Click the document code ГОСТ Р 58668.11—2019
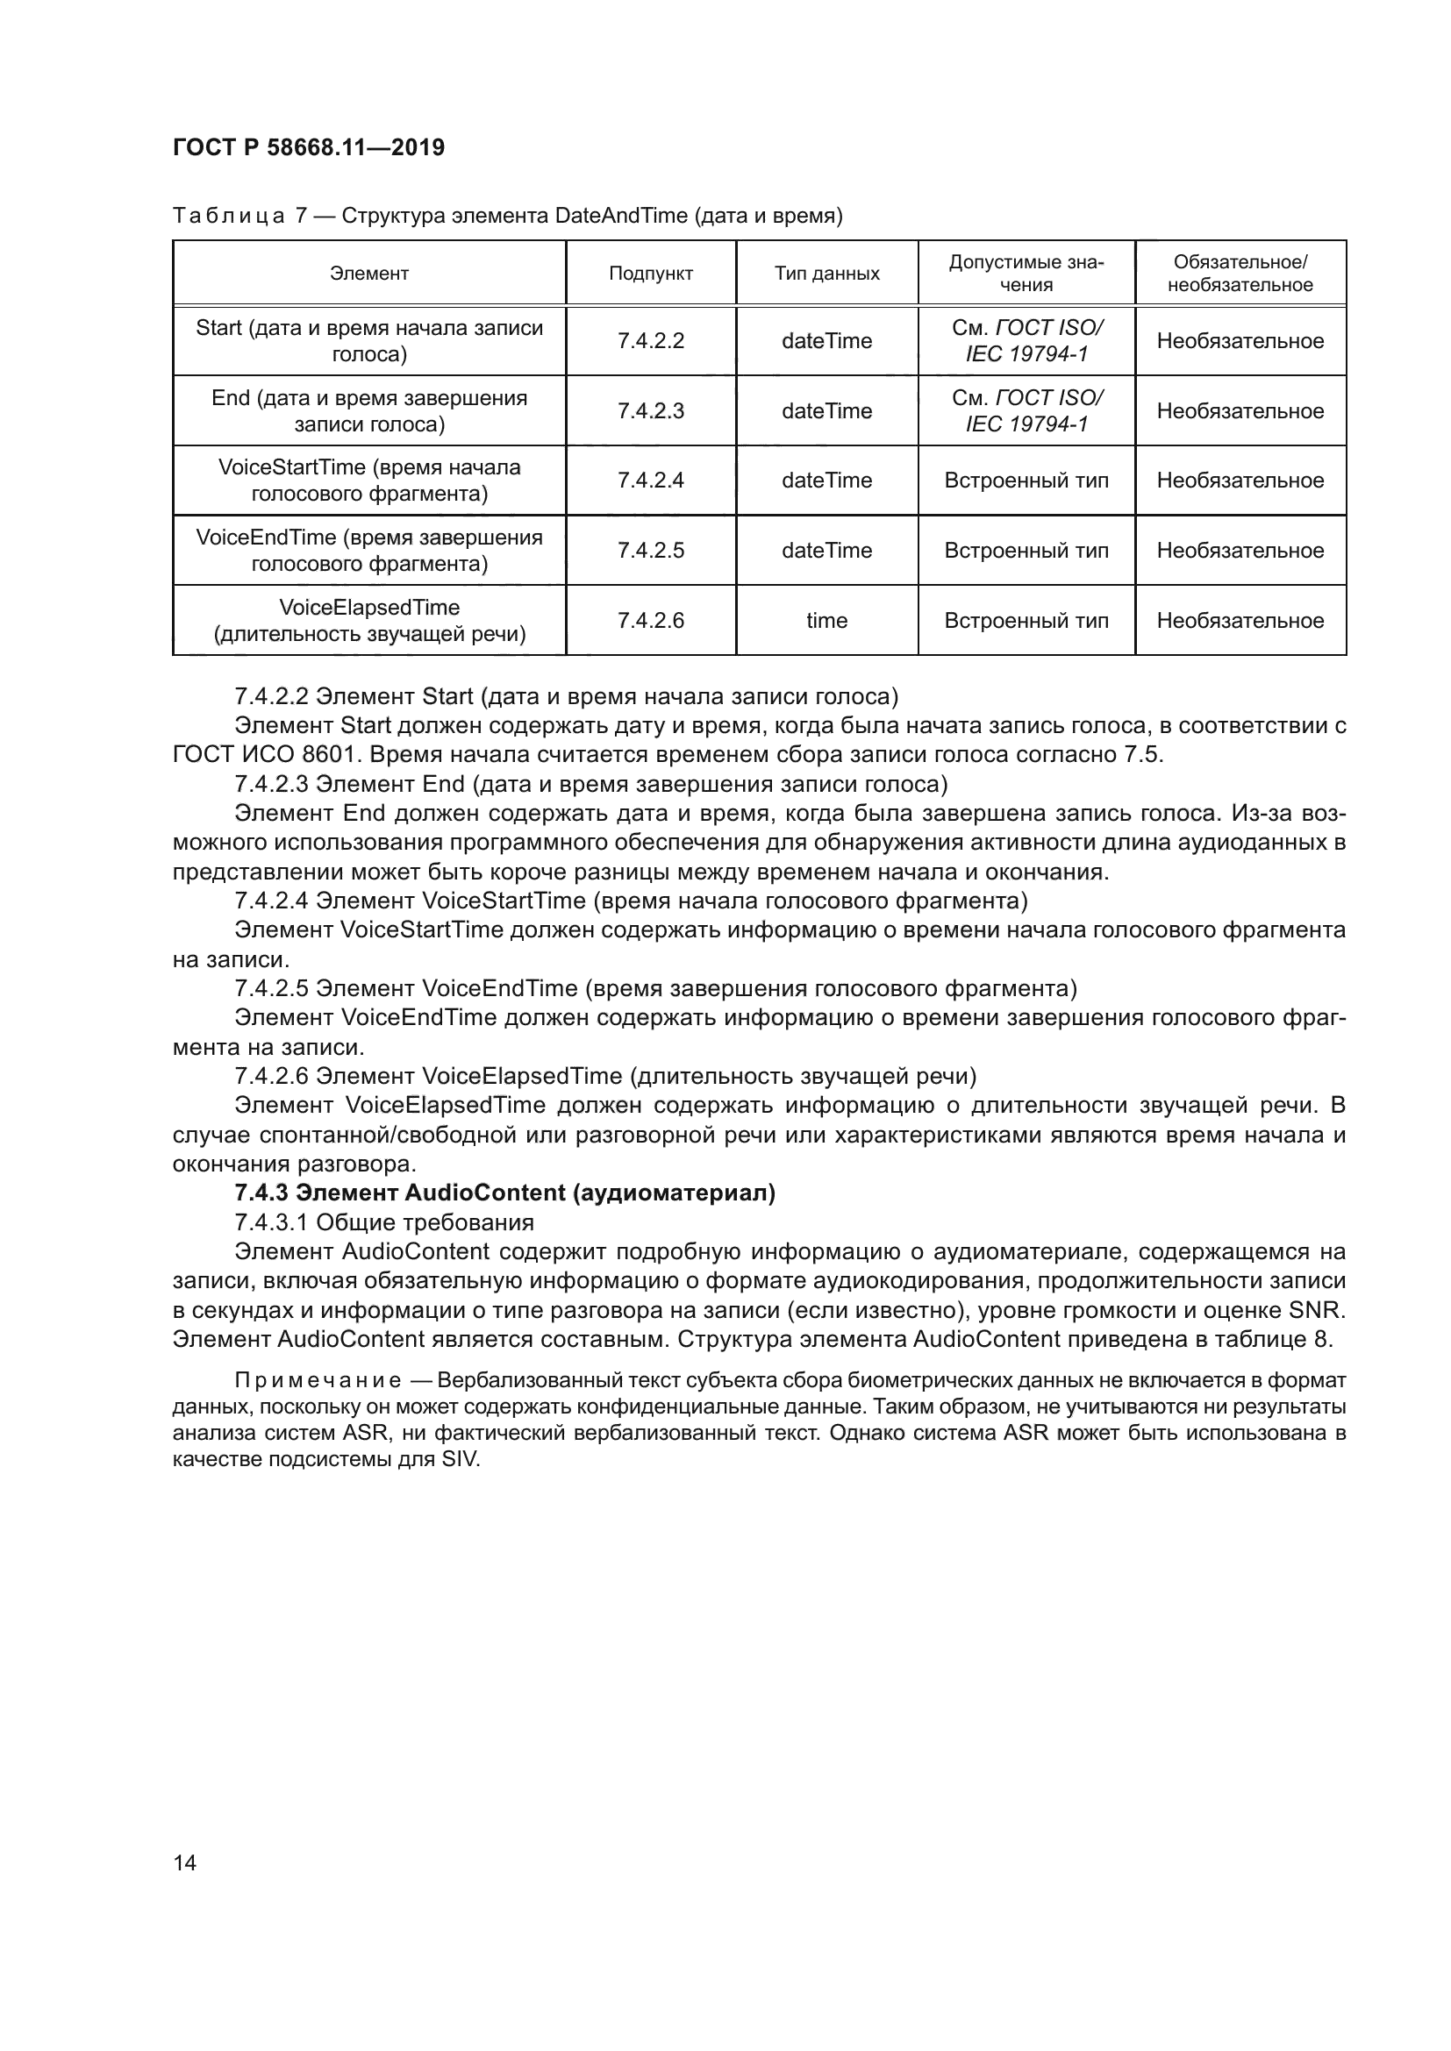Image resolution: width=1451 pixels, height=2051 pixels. [x=308, y=148]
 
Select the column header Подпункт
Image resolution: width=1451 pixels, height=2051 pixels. [x=650, y=274]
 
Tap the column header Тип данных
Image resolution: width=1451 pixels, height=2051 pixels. [x=826, y=274]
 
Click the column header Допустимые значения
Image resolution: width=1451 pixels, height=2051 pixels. [x=1026, y=274]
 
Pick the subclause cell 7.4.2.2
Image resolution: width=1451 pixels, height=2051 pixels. [x=650, y=341]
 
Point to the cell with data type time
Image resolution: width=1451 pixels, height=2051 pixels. [x=826, y=621]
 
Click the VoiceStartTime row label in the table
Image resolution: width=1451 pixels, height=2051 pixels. [x=369, y=481]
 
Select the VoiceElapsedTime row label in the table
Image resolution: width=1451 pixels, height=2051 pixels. [x=369, y=621]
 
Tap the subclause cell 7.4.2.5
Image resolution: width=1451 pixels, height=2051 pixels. [x=650, y=552]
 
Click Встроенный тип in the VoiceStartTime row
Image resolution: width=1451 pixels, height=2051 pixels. [x=1026, y=481]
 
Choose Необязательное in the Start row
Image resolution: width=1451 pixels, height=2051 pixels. [x=1240, y=341]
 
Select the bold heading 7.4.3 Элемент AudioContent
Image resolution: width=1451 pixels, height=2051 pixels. [x=504, y=1193]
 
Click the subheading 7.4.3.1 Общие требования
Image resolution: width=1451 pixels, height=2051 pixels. [x=384, y=1223]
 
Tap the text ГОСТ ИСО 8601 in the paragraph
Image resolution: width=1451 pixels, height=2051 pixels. [x=263, y=755]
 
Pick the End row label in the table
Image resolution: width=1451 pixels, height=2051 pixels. [x=369, y=411]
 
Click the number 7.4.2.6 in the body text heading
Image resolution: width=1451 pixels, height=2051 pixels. [x=272, y=1076]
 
